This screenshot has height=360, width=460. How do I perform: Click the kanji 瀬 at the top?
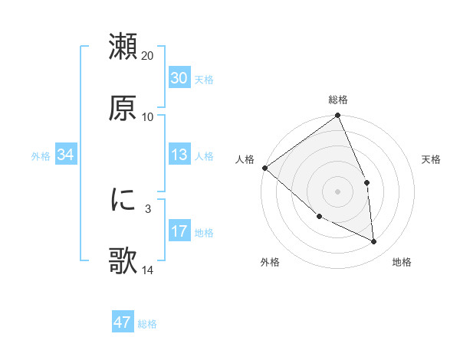123,47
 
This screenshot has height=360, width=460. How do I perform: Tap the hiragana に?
123,200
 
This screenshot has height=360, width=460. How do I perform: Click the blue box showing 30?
179,78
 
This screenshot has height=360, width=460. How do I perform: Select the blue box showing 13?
179,155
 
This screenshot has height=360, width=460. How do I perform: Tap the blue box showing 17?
179,231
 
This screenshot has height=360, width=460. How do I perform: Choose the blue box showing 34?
66,155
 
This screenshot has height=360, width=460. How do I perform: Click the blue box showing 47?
123,322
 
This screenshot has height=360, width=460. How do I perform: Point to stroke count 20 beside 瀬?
148,56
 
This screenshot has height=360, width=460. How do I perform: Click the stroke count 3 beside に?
148,208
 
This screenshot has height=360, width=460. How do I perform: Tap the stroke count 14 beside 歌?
148,270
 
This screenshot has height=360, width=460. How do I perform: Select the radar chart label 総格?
338,100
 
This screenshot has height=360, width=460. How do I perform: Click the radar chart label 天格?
432,159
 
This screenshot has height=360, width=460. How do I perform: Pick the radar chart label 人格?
245,159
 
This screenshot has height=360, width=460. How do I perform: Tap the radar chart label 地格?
402,262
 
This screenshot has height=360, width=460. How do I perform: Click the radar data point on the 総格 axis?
338,116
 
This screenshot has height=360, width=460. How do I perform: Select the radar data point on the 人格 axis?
264,168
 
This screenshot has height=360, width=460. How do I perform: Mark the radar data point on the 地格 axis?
374,241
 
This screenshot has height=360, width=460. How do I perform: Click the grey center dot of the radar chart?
338,191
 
